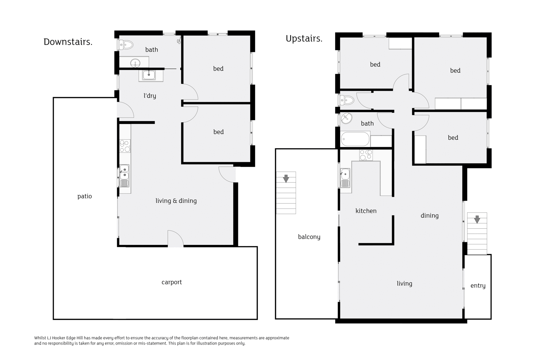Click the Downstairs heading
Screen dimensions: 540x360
(x=68, y=42)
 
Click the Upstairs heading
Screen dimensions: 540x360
(x=304, y=39)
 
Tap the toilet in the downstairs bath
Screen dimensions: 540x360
(x=126, y=45)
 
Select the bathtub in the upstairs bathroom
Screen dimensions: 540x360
(x=355, y=139)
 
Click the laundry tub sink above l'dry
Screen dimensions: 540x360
(x=149, y=75)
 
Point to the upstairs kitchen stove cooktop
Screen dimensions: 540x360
(x=366, y=155)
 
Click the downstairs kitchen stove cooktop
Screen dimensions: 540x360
(x=125, y=146)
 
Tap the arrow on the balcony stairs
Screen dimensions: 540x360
(x=286, y=178)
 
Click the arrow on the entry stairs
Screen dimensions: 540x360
(x=477, y=219)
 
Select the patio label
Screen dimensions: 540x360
(x=85, y=196)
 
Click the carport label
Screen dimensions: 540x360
(x=172, y=282)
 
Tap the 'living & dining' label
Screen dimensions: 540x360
(x=176, y=201)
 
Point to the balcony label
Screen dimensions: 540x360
(x=309, y=237)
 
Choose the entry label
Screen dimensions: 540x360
(x=478, y=286)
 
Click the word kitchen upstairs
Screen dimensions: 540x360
(x=366, y=211)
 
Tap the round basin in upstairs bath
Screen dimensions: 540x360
(x=346, y=118)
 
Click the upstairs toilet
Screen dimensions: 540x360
(x=347, y=100)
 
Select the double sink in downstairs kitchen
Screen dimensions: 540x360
(x=125, y=176)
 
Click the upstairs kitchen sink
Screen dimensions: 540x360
(x=345, y=178)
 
